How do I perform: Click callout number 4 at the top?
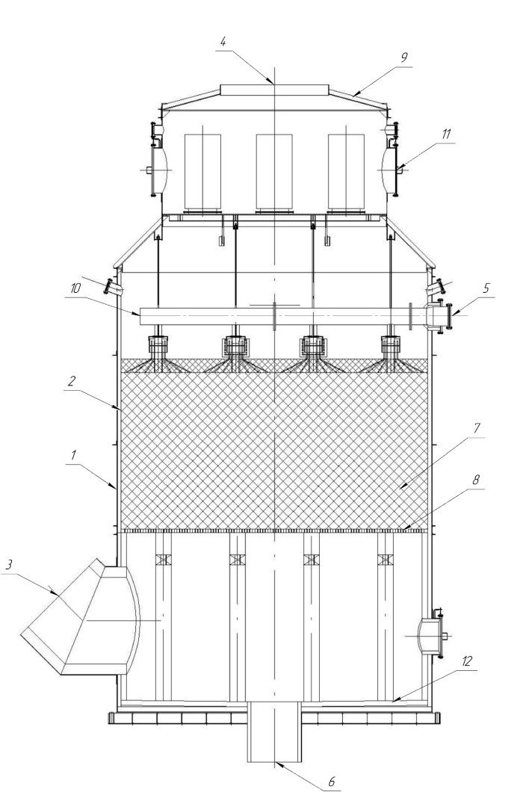pyautogui.click(x=223, y=41)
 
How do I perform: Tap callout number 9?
pyautogui.click(x=403, y=57)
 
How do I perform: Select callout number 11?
pyautogui.click(x=446, y=134)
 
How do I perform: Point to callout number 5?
pyautogui.click(x=486, y=288)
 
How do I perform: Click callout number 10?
pyautogui.click(x=75, y=288)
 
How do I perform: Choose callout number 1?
pyautogui.click(x=73, y=454)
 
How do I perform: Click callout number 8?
pyautogui.click(x=475, y=480)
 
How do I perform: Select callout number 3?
pyautogui.click(x=8, y=565)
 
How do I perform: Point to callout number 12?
pyautogui.click(x=466, y=660)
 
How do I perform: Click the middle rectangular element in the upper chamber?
pyautogui.click(x=274, y=173)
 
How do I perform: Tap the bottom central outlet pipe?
pyautogui.click(x=274, y=732)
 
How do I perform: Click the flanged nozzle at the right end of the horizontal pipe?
pyautogui.click(x=439, y=316)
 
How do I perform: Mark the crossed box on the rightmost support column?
pyautogui.click(x=386, y=560)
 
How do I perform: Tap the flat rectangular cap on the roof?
pyautogui.click(x=274, y=90)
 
